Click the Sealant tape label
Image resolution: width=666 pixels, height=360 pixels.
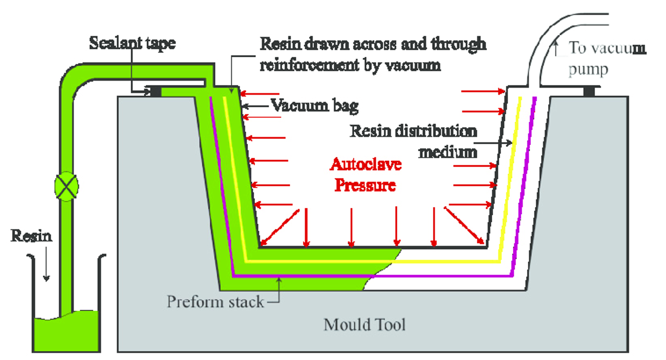pos(132,43)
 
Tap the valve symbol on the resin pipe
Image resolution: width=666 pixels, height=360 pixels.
pos(67,186)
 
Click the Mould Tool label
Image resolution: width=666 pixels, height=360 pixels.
pos(364,325)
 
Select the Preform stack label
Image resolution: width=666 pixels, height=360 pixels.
pos(215,302)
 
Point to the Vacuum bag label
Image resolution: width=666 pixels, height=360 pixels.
pos(315,106)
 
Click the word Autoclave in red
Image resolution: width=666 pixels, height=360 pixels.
pos(366,164)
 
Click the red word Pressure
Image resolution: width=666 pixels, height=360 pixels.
pos(365,185)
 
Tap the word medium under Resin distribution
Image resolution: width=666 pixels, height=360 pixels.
pos(448,153)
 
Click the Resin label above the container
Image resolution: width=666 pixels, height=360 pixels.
pos(31,236)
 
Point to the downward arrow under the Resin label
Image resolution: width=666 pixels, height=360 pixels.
pos(46,264)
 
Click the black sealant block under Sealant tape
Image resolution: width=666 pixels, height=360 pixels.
pos(155,91)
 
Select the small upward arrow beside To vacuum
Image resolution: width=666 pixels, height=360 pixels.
pos(556,48)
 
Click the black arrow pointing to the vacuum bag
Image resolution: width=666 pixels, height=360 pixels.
pos(256,106)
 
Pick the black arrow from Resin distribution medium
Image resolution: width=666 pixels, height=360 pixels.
pos(493,143)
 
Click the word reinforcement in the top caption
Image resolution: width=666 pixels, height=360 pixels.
pos(309,65)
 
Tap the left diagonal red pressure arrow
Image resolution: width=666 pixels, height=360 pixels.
pos(280,228)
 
